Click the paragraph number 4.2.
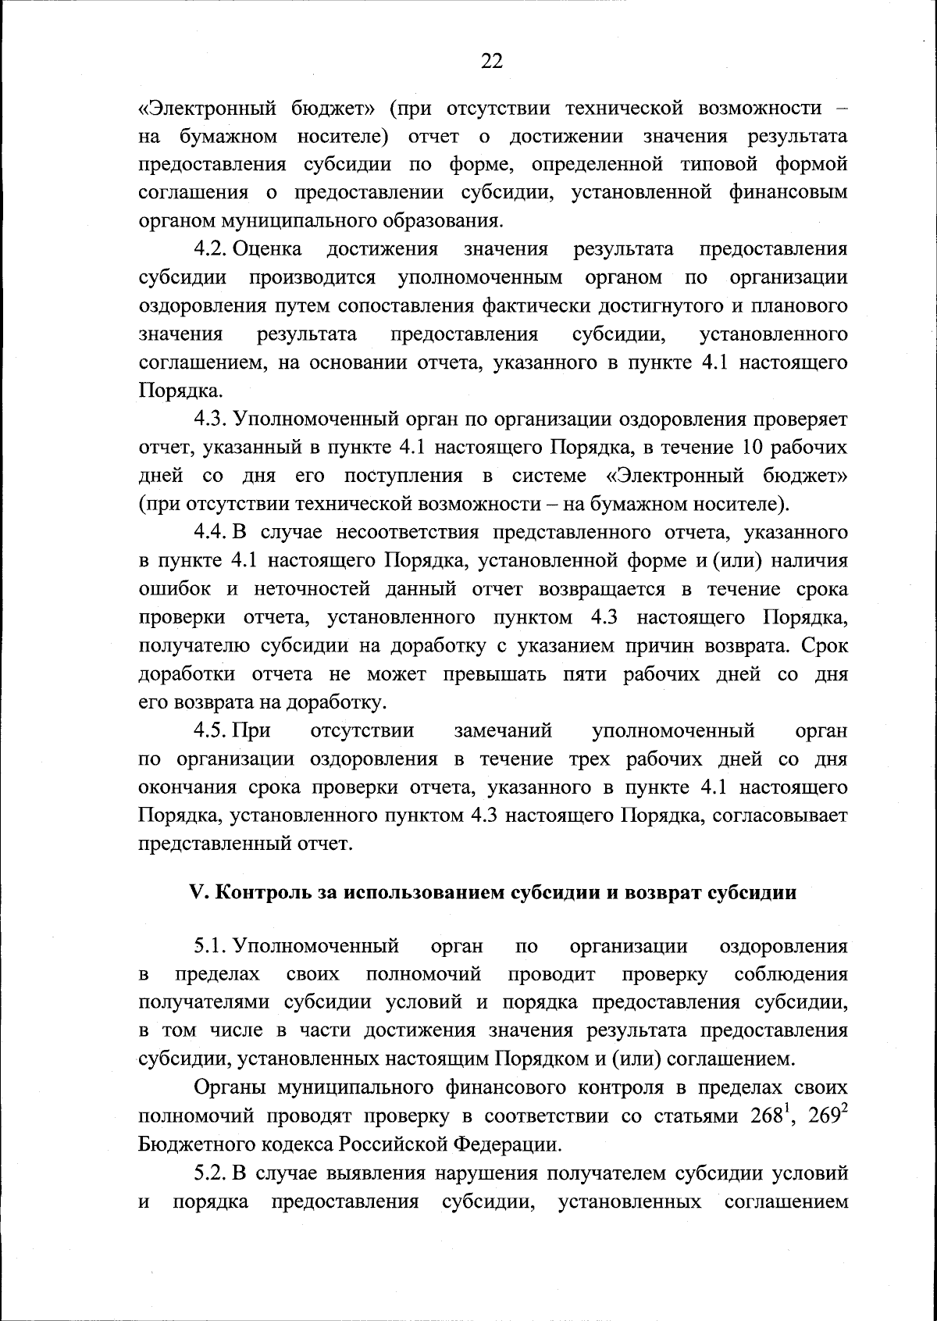point(209,249)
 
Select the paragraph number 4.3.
point(209,420)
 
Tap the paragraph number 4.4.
point(209,533)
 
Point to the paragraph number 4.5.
point(209,731)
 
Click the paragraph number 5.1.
point(209,947)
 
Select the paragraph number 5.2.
point(209,1173)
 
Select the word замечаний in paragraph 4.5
point(503,731)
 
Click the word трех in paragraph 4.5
point(590,759)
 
